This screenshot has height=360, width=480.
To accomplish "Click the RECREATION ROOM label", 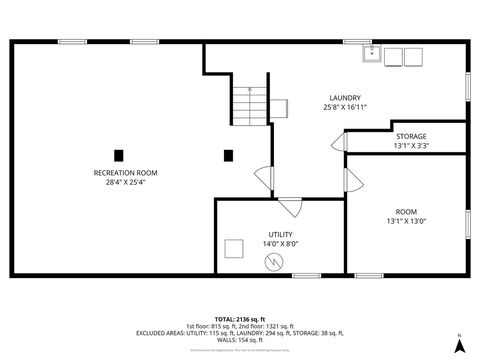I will coord(125,173).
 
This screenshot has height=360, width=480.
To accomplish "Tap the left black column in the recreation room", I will coord(118,155).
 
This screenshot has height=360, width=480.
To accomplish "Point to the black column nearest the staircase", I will coord(228,155).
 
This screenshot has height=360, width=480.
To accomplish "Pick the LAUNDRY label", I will coord(345,97).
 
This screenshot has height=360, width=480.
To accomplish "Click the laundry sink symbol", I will coord(371,54).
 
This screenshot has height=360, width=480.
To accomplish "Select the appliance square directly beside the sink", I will coord(394,56).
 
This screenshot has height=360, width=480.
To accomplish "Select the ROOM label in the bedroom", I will coord(405,211).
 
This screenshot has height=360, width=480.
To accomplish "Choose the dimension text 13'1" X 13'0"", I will coord(405,221).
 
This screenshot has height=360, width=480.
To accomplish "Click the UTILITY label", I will coord(280,233).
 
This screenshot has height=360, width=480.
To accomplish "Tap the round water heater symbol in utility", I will coord(273,263).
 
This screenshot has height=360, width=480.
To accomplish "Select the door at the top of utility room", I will coord(290,207).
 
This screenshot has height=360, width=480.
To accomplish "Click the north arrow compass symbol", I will coord(459,344).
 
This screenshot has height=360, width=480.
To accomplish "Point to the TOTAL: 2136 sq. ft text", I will coord(240,318).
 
